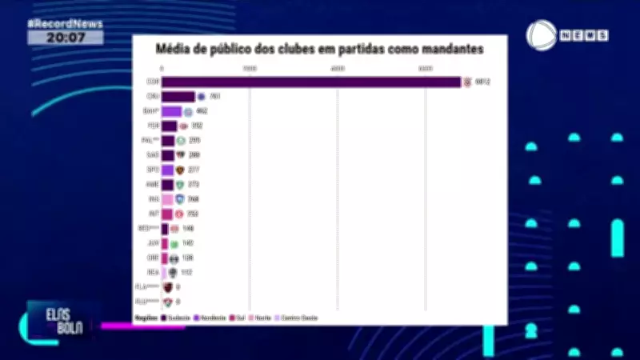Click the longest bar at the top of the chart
[x=311, y=82]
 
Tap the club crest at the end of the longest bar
[x=468, y=82]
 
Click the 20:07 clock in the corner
[x=65, y=37]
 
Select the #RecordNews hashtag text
[x=65, y=23]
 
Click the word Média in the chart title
[x=174, y=50]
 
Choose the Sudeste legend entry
[x=176, y=318]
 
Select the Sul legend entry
[x=237, y=318]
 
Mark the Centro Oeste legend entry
[x=296, y=318]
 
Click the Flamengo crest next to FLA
[x=168, y=286]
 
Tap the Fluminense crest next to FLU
[x=168, y=302]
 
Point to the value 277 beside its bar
[x=194, y=170]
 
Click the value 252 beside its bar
[x=193, y=214]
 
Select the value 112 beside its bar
[x=186, y=272]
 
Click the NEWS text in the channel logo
[x=584, y=36]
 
